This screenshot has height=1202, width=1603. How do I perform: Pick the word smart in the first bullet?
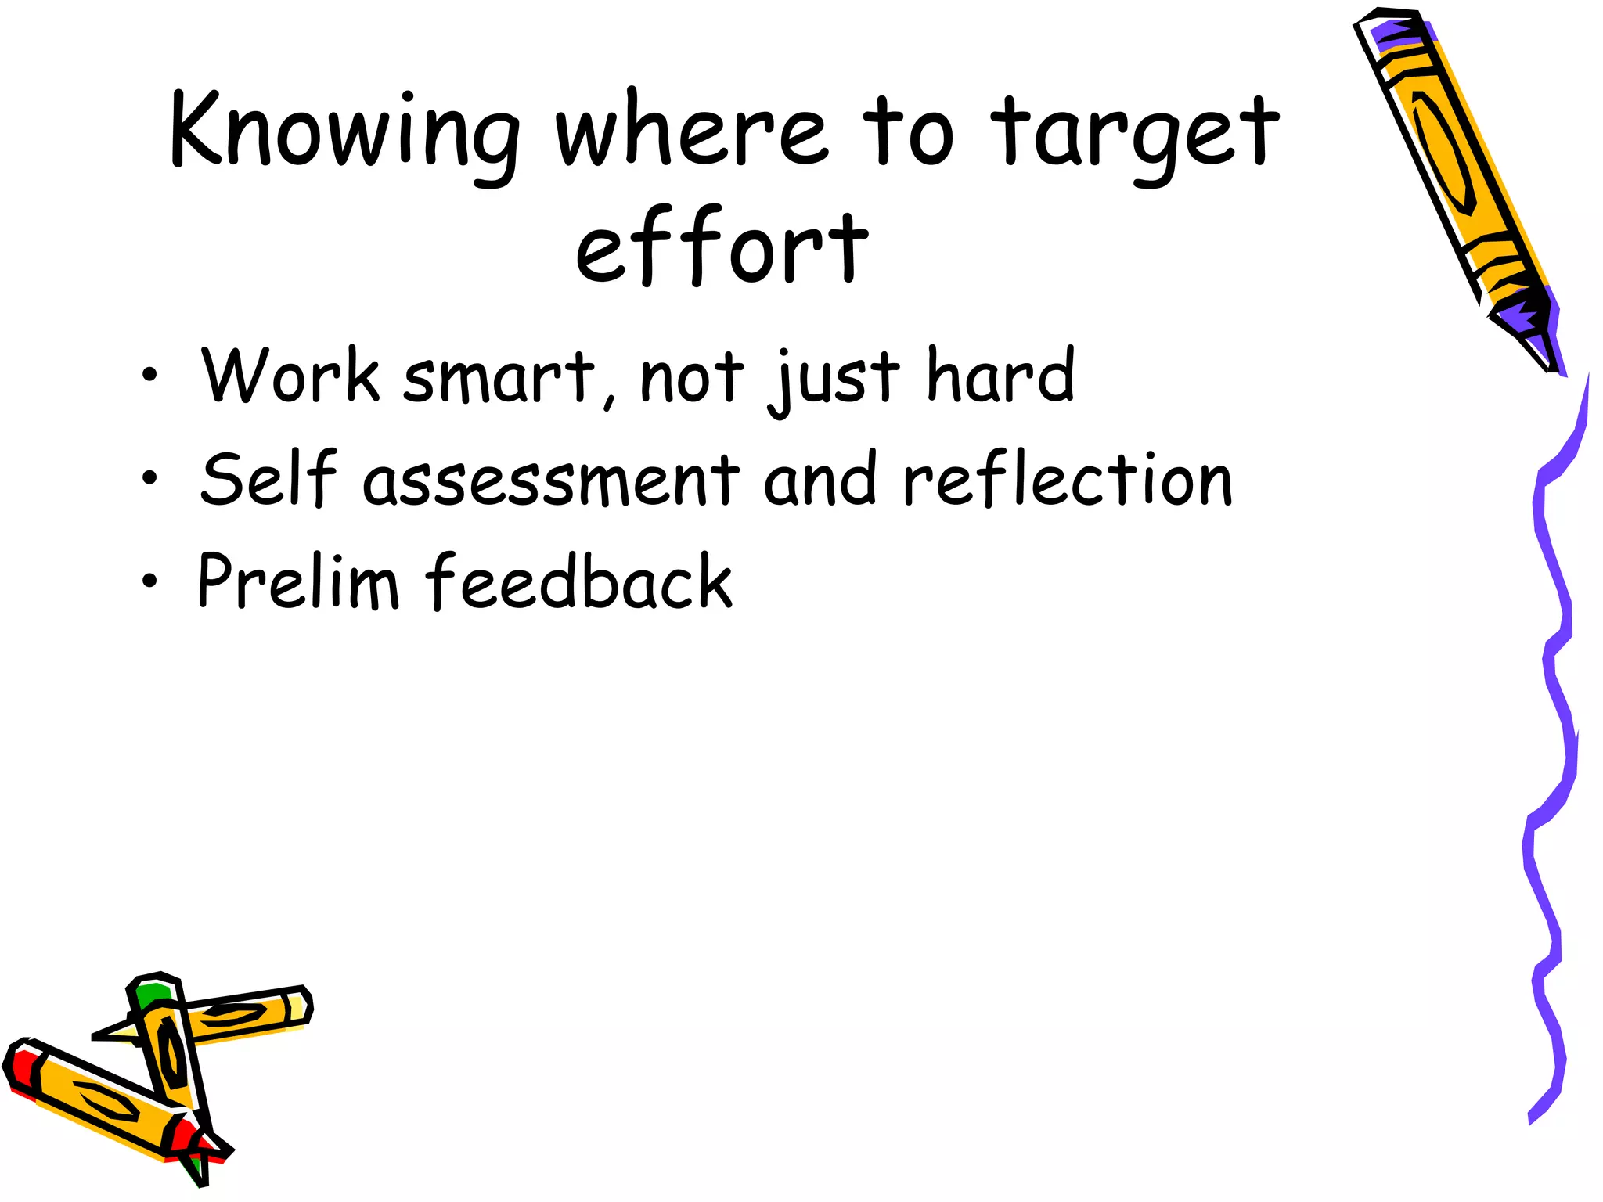[501, 377]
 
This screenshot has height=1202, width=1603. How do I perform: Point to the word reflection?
[1068, 479]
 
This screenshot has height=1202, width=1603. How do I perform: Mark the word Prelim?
[298, 581]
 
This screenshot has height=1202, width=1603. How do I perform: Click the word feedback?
[579, 581]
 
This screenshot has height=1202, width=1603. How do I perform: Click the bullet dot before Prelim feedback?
[149, 581]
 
